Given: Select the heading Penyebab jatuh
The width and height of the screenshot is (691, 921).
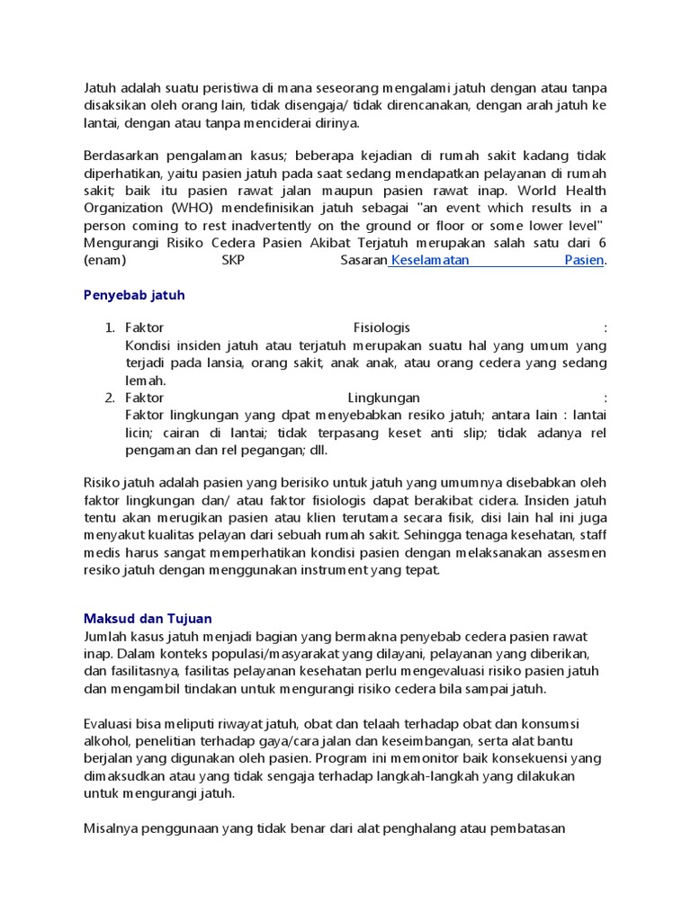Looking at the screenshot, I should (133, 294).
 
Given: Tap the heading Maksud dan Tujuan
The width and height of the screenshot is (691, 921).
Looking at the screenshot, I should (148, 619).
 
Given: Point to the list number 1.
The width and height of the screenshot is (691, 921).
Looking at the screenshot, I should (110, 327).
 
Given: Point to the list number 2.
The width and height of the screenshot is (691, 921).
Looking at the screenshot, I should (110, 398).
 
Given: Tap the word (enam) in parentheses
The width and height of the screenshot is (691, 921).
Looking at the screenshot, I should (104, 260).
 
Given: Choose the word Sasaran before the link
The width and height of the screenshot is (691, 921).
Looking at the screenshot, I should (363, 260).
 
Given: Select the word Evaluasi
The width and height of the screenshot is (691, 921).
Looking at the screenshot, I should (112, 723).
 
